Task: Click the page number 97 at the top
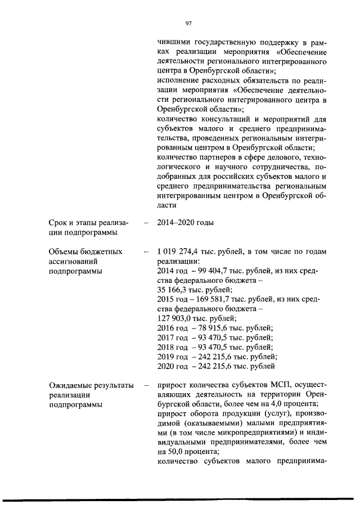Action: [x=189, y=23]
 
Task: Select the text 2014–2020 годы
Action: [x=186, y=223]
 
